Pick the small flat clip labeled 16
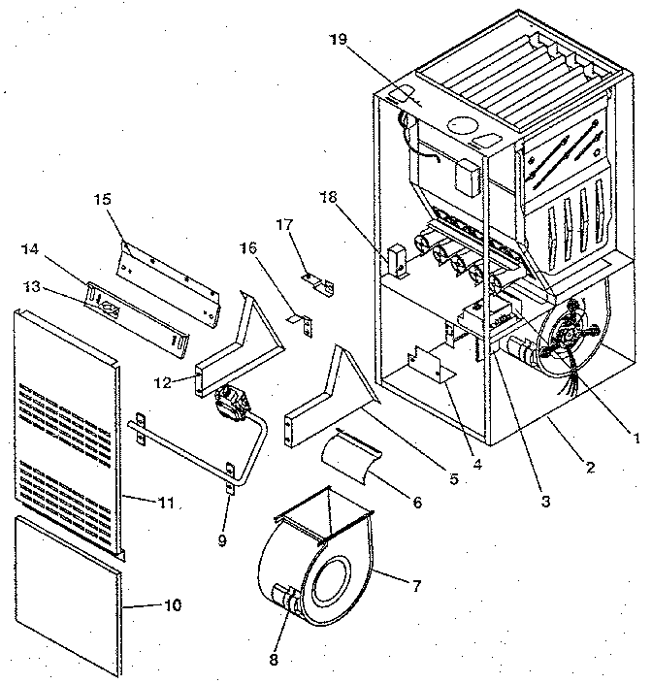[x=297, y=317]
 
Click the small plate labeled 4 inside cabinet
[x=427, y=367]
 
